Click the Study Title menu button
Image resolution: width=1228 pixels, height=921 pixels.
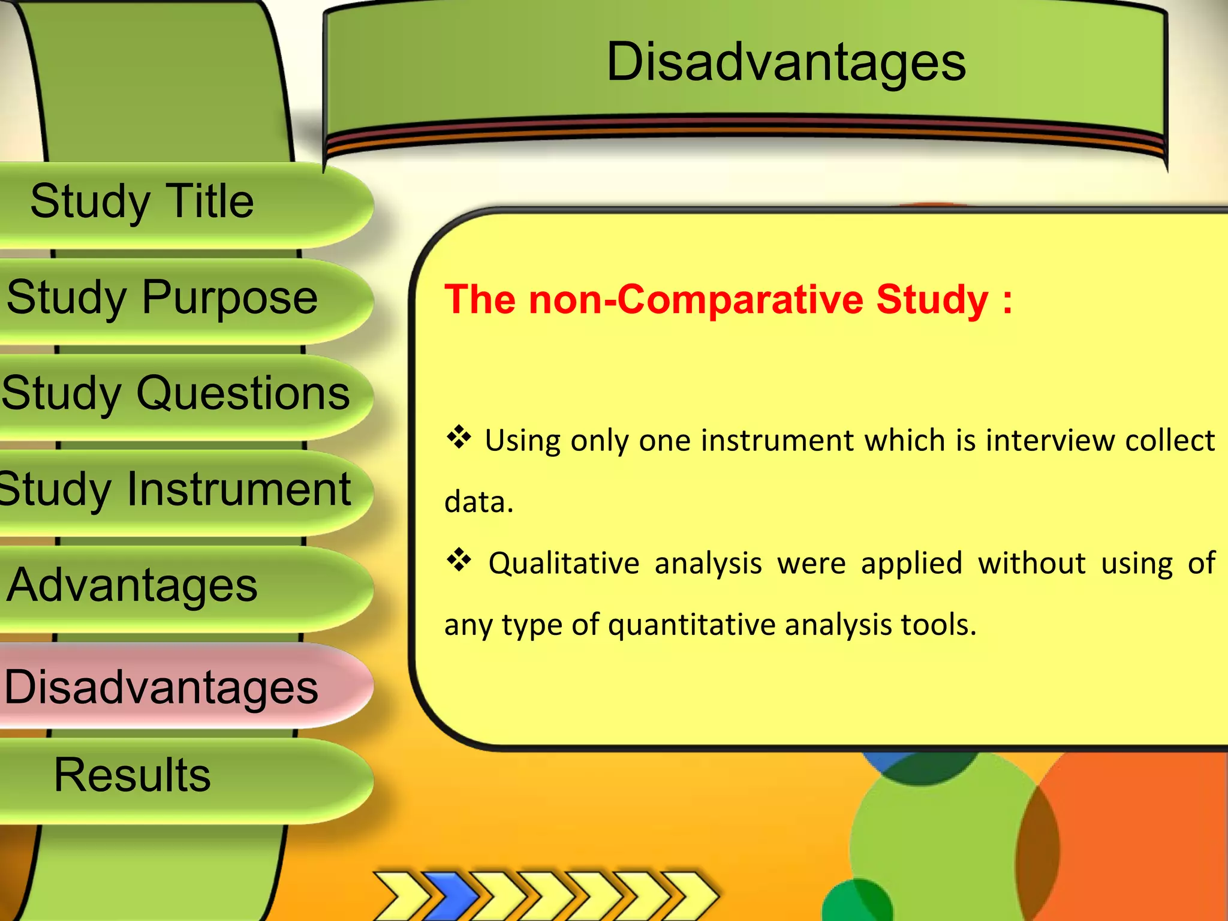(142, 201)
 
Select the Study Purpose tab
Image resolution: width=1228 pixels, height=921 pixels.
(162, 297)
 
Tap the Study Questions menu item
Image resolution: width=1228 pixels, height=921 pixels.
(175, 393)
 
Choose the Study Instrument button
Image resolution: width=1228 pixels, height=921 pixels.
(175, 489)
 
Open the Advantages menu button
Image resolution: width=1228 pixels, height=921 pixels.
(132, 585)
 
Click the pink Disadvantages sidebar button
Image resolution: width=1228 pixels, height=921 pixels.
(161, 687)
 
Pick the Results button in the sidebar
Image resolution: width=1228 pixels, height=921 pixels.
(132, 775)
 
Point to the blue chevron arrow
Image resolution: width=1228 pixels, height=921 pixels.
(450, 895)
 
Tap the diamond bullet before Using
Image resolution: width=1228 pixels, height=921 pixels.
(459, 437)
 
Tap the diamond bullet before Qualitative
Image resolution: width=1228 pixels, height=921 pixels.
(459, 560)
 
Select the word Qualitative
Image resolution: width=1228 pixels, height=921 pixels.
(564, 564)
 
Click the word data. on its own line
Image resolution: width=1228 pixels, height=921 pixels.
(479, 502)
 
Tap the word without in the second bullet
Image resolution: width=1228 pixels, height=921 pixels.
(1031, 564)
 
